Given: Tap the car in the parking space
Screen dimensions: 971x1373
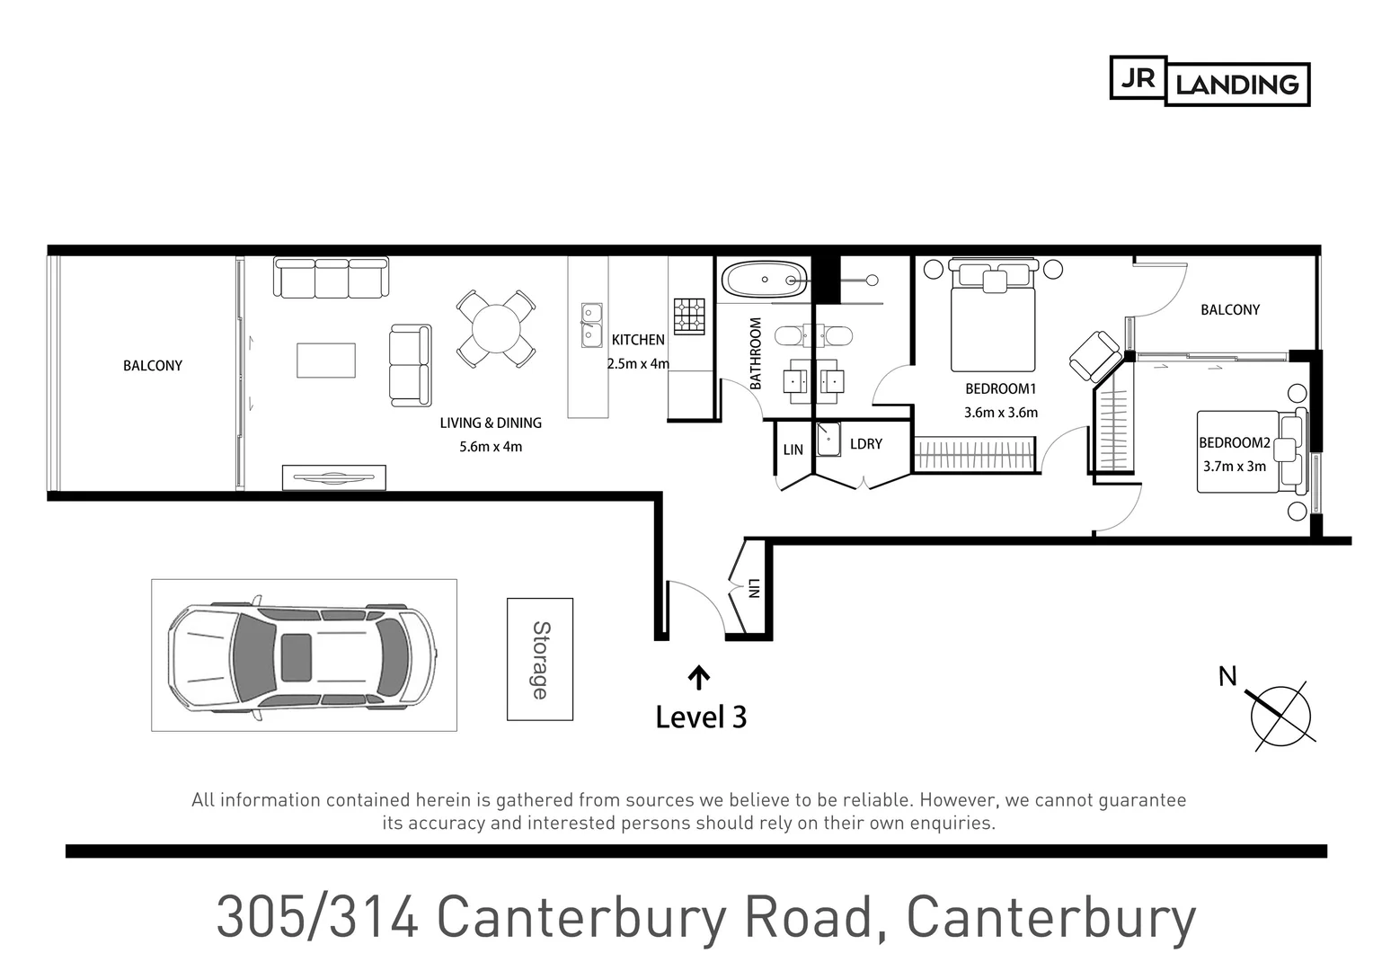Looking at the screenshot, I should pos(303,655).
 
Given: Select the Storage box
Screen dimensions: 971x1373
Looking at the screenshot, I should pos(539,659).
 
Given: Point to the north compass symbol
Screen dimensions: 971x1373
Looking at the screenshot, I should pos(1280,717).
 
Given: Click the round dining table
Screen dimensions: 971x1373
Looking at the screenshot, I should pos(495,328).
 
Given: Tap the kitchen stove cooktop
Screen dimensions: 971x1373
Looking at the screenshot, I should pos(689,316).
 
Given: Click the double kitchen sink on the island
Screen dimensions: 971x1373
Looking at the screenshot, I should pos(590,325).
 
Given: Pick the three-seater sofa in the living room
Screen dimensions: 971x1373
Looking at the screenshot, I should pos(331,278).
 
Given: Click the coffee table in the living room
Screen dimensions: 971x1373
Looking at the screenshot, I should pos(326,361).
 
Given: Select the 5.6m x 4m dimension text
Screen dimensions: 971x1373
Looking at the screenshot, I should pos(490,446).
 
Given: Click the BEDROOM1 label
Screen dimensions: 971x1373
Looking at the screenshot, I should pos(1000,389).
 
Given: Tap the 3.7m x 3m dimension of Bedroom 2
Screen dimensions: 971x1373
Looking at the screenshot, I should pos(1234,466).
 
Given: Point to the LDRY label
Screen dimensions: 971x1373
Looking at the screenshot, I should pos(865,444).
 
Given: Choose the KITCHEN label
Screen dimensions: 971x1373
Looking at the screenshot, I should pos(638,340).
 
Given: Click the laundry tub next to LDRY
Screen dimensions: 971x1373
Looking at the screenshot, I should pos(828,441).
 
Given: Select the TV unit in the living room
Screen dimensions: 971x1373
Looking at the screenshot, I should pos(333,477).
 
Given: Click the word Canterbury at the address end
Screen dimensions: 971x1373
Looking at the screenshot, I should pos(1050,917).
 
